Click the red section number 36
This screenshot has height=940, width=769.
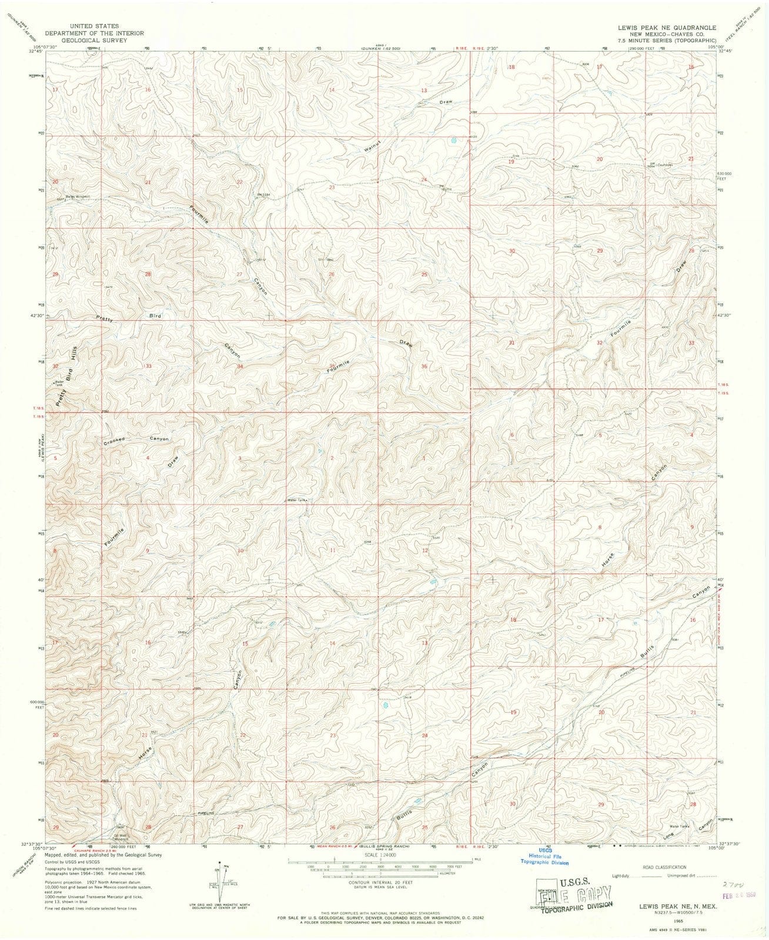point(424,366)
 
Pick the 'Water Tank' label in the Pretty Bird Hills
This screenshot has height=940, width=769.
point(58,383)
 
